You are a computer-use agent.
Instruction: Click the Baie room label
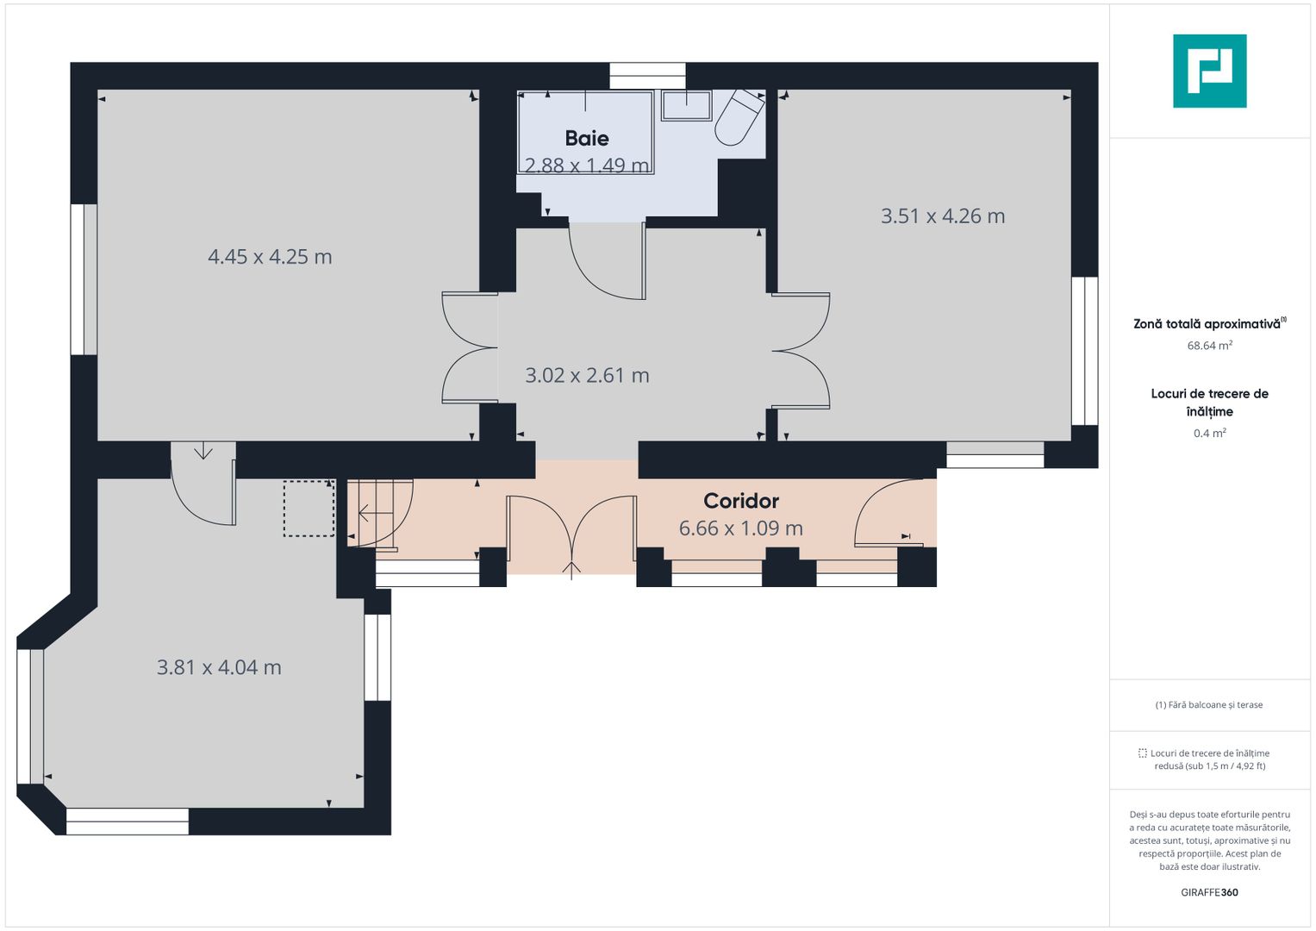click(x=586, y=138)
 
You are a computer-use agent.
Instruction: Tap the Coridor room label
click(x=741, y=501)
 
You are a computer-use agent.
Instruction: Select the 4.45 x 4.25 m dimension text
click(x=270, y=257)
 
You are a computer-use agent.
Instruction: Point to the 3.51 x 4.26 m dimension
click(x=942, y=216)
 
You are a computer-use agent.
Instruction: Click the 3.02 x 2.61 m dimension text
click(x=587, y=376)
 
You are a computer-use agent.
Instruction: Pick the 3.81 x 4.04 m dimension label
click(x=219, y=668)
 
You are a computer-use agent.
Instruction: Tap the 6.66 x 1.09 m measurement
click(x=741, y=528)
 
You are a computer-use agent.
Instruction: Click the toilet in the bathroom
click(x=739, y=117)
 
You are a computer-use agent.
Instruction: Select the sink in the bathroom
click(x=686, y=106)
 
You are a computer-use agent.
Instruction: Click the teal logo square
click(x=1210, y=71)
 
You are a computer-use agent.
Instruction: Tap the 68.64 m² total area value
click(x=1210, y=346)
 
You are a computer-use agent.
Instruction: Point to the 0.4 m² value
click(x=1210, y=433)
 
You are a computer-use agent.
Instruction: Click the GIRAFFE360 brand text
click(x=1210, y=892)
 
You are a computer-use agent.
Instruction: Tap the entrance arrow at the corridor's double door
click(x=571, y=570)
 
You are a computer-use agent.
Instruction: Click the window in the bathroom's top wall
click(x=647, y=76)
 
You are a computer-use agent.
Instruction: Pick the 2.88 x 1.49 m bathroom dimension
click(x=587, y=166)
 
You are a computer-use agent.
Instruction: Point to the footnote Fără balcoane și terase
click(x=1209, y=705)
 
